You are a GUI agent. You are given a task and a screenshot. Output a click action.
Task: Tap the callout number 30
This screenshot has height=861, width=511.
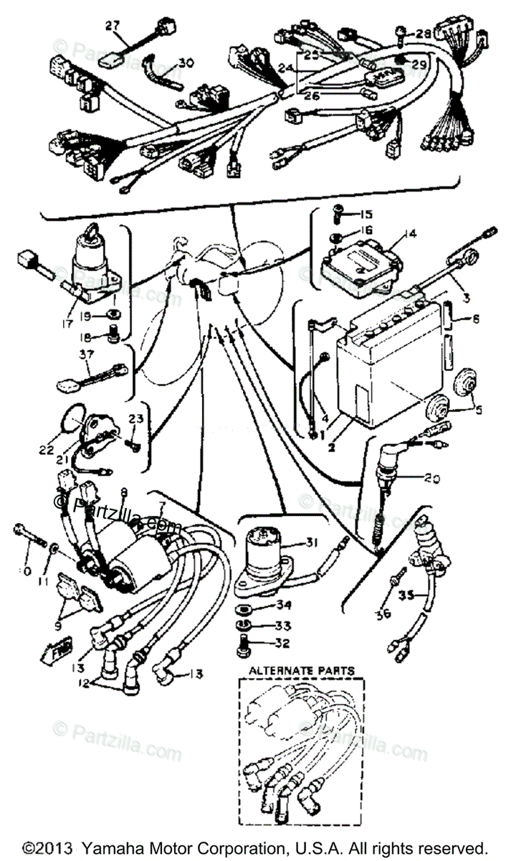[x=186, y=63]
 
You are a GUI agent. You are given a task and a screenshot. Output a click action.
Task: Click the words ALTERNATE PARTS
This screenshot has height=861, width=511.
[x=301, y=670]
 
